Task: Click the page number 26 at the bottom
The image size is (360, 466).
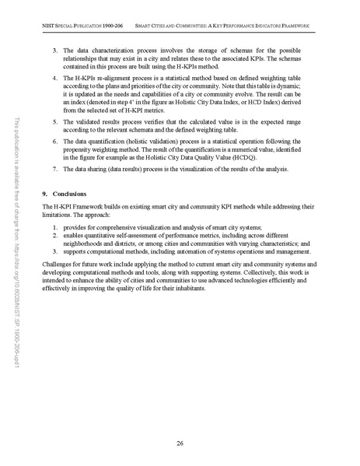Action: coord(180,443)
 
